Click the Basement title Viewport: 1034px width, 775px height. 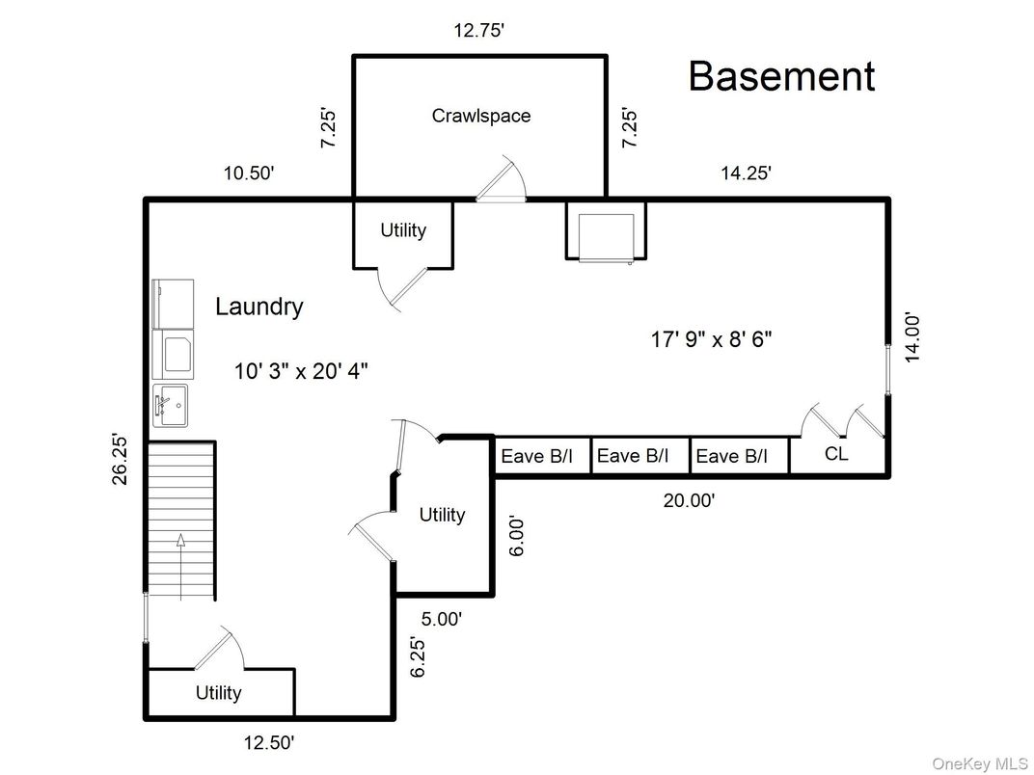coord(781,76)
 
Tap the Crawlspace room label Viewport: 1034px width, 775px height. coord(480,116)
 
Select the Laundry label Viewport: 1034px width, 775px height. coord(258,307)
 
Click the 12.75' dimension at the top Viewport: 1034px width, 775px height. coord(479,31)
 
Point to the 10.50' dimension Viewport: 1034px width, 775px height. coord(249,174)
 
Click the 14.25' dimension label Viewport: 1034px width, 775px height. coord(746,174)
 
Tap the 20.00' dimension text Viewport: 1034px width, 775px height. coord(689,500)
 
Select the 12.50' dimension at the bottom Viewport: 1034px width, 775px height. coord(268,743)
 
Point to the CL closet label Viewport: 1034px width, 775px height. coord(836,453)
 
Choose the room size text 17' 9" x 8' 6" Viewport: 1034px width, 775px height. coord(710,339)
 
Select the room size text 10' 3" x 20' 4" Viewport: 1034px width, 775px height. coord(301,371)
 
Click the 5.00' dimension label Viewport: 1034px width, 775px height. coord(443,620)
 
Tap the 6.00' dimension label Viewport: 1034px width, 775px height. coord(518,536)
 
